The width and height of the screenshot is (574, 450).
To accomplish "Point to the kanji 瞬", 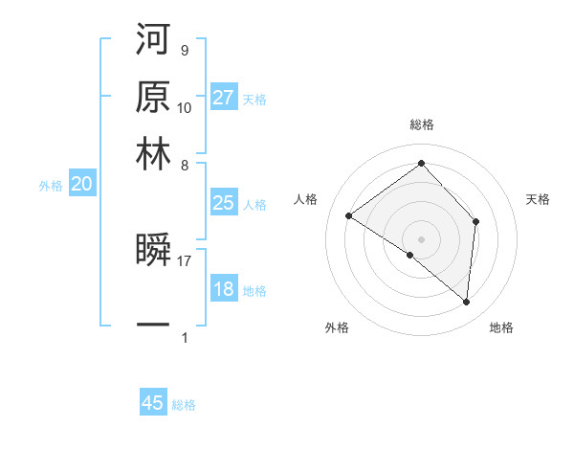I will coord(154,251).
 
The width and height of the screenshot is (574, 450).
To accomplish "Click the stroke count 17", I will coord(185,259).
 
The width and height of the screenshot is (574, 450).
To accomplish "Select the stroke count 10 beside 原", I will coord(185,107).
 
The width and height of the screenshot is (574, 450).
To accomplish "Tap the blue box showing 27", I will coord(224,98).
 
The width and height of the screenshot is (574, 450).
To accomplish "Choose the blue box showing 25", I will coord(224,203).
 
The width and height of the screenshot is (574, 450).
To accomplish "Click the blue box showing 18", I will coord(224,289).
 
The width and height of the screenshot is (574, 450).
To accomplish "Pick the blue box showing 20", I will coord(81,185).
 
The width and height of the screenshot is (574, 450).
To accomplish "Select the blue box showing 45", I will coord(153,403).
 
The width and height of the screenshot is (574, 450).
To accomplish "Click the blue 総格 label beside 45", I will coord(184,405).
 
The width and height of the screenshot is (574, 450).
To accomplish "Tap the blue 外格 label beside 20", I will coord(51,187).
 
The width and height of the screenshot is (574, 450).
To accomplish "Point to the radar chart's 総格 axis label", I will coord(422,124).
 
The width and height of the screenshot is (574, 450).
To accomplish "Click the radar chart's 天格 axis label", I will coord(539,199).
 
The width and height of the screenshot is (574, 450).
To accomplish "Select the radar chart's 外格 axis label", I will coord(337,328).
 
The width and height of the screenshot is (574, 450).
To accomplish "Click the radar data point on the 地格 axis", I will coord(467,303).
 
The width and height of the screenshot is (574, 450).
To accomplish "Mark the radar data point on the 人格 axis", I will coord(348,215).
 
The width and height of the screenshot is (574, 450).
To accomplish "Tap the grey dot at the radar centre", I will coord(422,238).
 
